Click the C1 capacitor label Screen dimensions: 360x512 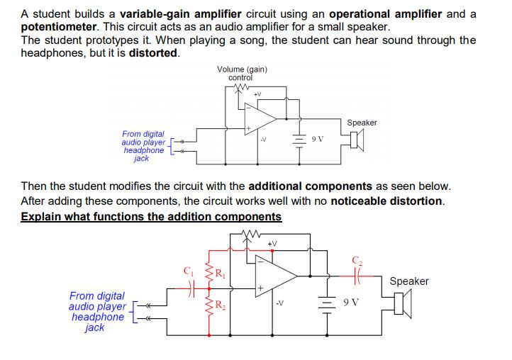[x=188, y=270]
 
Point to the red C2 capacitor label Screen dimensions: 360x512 [x=357, y=261]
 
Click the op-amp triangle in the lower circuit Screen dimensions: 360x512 [x=278, y=274]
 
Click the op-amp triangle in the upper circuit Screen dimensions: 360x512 [x=260, y=117]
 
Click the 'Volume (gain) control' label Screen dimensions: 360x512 [x=243, y=73]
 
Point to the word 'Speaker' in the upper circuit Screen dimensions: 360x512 [x=362, y=123]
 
